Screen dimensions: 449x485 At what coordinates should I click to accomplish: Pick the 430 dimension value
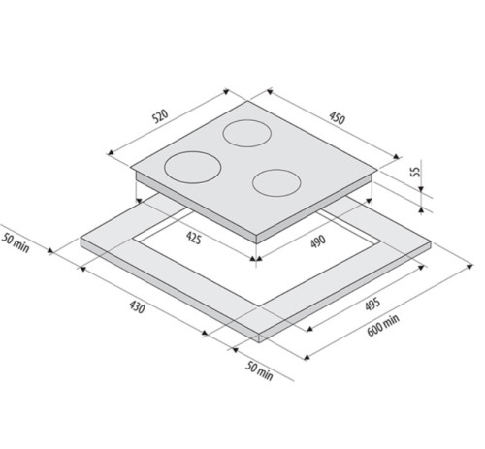pyautogui.click(x=137, y=309)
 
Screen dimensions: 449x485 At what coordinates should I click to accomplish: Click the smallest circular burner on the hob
pyautogui.click(x=276, y=181)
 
